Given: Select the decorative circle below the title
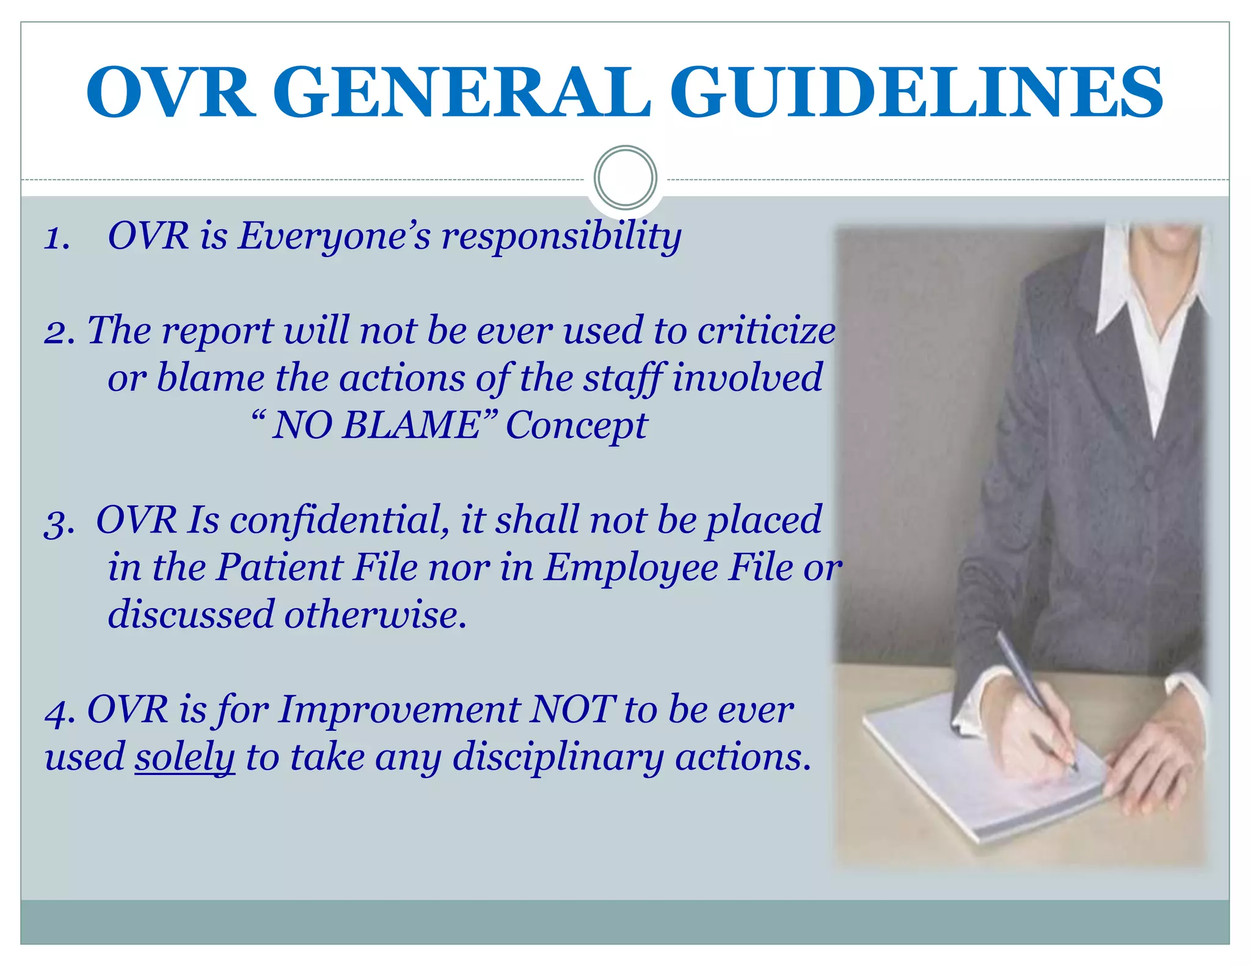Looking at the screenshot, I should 625,178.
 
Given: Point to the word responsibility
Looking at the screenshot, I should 561,237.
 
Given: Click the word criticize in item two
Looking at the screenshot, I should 766,331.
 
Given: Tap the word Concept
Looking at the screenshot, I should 576,426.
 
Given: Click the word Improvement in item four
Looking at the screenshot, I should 400,710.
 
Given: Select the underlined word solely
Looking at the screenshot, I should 184,757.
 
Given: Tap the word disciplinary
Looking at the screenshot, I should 558,758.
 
